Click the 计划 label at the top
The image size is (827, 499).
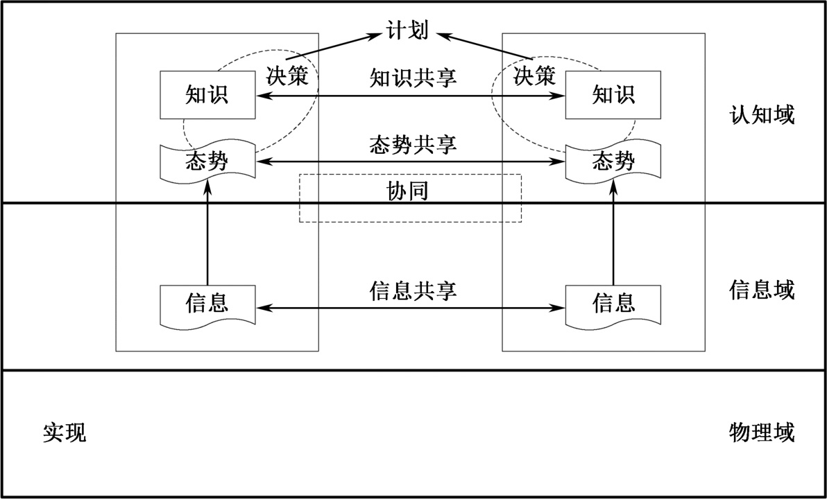click(407, 31)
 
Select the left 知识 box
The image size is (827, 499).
click(207, 94)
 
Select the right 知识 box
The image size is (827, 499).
click(613, 94)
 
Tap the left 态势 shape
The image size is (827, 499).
click(207, 163)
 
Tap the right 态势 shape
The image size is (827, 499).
click(613, 163)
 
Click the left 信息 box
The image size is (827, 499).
click(207, 304)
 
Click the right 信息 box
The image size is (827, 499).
click(613, 304)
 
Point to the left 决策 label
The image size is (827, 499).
click(287, 76)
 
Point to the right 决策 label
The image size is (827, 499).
click(534, 76)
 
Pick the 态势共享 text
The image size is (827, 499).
click(413, 146)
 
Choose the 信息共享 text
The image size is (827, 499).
click(413, 290)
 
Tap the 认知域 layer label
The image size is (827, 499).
click(762, 115)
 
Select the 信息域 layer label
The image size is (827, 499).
click(762, 290)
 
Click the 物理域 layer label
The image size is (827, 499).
click(762, 434)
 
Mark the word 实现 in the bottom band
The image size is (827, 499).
click(65, 434)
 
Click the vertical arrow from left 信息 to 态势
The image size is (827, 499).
click(207, 236)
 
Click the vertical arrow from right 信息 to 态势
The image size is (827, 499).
click(613, 236)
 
